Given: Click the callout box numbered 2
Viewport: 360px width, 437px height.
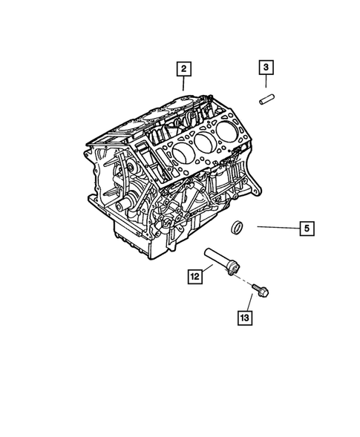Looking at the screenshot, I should point(183,70).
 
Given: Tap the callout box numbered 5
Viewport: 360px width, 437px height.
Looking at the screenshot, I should point(307,228).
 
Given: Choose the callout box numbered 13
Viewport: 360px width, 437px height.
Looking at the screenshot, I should point(244,318).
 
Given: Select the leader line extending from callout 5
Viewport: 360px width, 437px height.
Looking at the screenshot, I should point(278,228).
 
